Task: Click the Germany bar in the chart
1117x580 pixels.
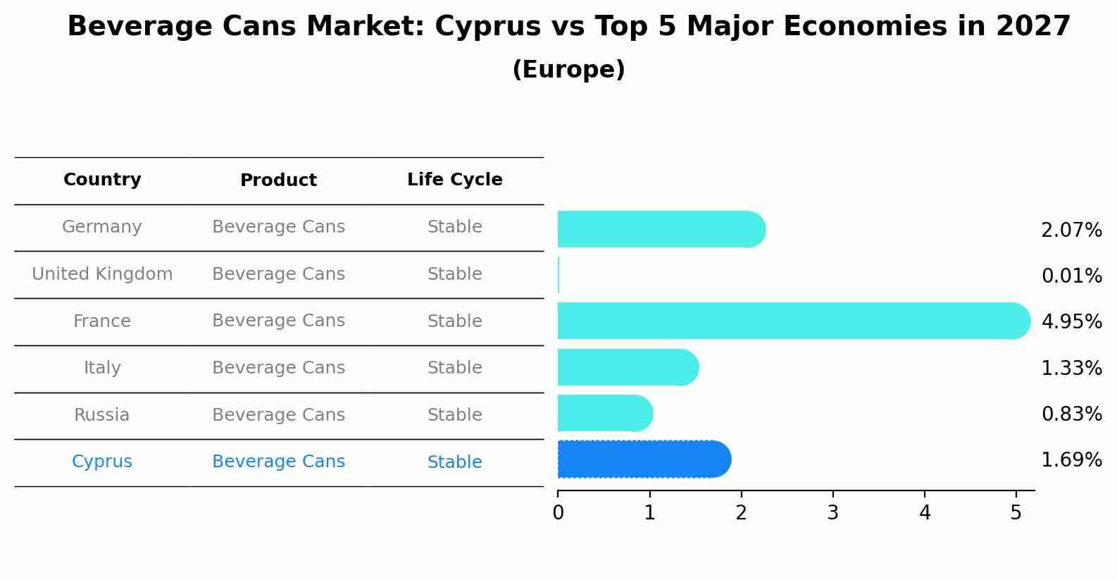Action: tap(661, 229)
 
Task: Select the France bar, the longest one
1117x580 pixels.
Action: tap(792, 321)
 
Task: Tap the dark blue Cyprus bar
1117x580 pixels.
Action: tap(644, 459)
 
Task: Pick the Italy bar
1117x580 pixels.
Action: tap(627, 367)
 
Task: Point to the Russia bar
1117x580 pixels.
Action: tap(604, 413)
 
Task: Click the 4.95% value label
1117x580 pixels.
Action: tap(1071, 322)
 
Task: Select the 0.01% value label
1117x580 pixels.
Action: tap(1071, 276)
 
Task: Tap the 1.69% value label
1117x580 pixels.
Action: tap(1071, 460)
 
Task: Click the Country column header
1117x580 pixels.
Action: tap(102, 180)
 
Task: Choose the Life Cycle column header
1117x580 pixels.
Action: tap(454, 180)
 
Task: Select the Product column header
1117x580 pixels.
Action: tap(278, 180)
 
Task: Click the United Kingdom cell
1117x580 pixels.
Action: tap(102, 274)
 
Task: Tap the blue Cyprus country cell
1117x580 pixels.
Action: tap(102, 462)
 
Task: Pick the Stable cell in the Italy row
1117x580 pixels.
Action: tap(454, 368)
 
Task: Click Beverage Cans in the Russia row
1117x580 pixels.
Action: tap(278, 415)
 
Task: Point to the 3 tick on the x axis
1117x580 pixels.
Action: tap(833, 513)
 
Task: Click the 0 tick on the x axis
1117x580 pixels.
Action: tap(558, 513)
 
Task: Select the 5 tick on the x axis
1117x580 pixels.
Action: tap(1016, 513)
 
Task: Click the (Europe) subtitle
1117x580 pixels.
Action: tap(568, 70)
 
